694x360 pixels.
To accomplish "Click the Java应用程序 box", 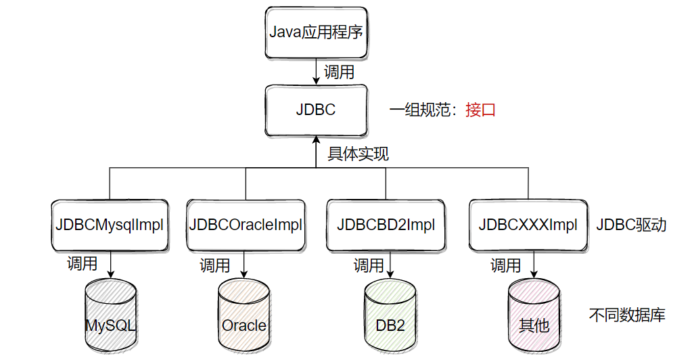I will coord(317,32).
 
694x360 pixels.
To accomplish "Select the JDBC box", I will coord(316,110).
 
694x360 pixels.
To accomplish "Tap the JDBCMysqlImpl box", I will coord(109,225).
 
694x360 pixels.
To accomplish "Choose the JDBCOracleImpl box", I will coord(246,225).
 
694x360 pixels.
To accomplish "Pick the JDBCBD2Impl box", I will coord(386,225).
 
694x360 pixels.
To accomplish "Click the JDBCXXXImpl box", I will coord(528,225).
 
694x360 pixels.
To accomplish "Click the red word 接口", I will coord(480,110).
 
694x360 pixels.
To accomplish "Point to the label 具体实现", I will coord(358,154).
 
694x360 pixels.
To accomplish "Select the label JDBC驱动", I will coord(631,225).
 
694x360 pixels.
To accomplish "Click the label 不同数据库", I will coord(627,315).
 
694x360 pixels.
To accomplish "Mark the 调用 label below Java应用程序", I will coord(339,71).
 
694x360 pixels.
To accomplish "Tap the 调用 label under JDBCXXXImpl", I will coord(505,265).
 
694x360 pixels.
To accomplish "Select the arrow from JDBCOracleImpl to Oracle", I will coord(244,264).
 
